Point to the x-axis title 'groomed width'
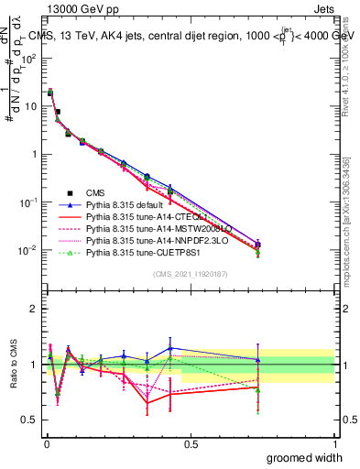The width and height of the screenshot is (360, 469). (x=305, y=457)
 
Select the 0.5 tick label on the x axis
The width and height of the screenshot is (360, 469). (x=191, y=442)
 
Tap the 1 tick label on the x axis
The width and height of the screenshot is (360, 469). (x=334, y=442)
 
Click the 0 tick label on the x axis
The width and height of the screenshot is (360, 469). (x=46, y=442)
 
